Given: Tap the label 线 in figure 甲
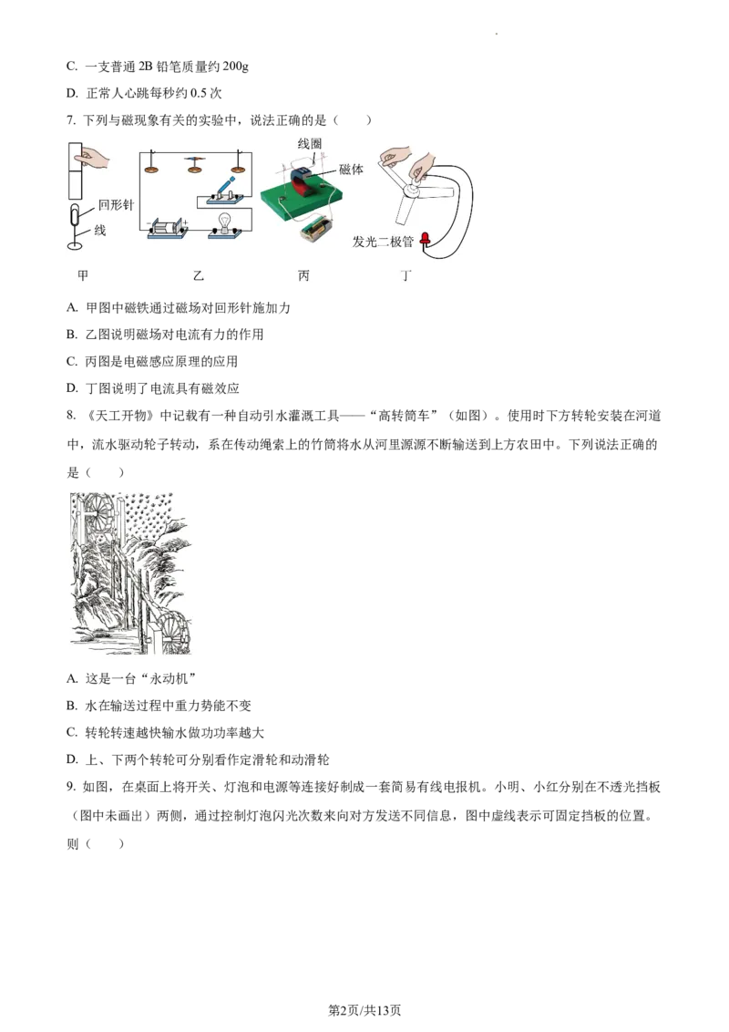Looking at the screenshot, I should click(x=100, y=231).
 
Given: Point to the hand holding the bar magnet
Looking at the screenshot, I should click(x=93, y=159).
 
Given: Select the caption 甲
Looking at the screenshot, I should click(x=83, y=274).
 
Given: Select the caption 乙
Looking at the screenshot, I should click(x=199, y=274).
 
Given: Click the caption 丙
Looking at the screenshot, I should click(x=303, y=274).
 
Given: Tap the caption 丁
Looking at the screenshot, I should click(x=406, y=274).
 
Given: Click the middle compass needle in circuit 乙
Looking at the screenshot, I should click(x=194, y=164).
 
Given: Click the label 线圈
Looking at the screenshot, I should click(x=310, y=144).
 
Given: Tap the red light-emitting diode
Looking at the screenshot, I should click(x=426, y=241).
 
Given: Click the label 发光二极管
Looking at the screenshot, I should click(x=384, y=243).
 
